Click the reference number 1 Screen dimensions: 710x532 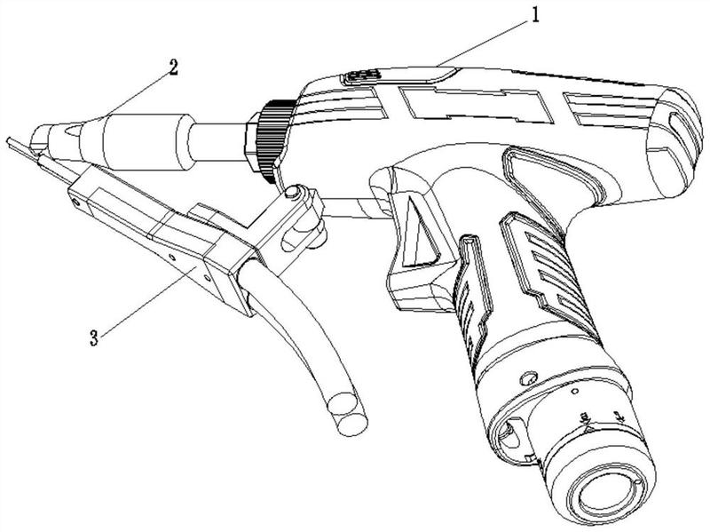click(535, 15)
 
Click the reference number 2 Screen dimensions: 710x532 click(173, 68)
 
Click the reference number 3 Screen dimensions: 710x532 click(94, 338)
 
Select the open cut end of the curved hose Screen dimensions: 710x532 click(348, 413)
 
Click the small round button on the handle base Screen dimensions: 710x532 click(528, 378)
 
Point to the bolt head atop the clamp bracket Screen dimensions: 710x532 click(294, 193)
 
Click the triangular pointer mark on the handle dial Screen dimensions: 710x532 click(588, 427)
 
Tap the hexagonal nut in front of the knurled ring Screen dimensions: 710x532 click(252, 142)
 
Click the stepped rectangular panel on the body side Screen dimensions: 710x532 click(477, 105)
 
